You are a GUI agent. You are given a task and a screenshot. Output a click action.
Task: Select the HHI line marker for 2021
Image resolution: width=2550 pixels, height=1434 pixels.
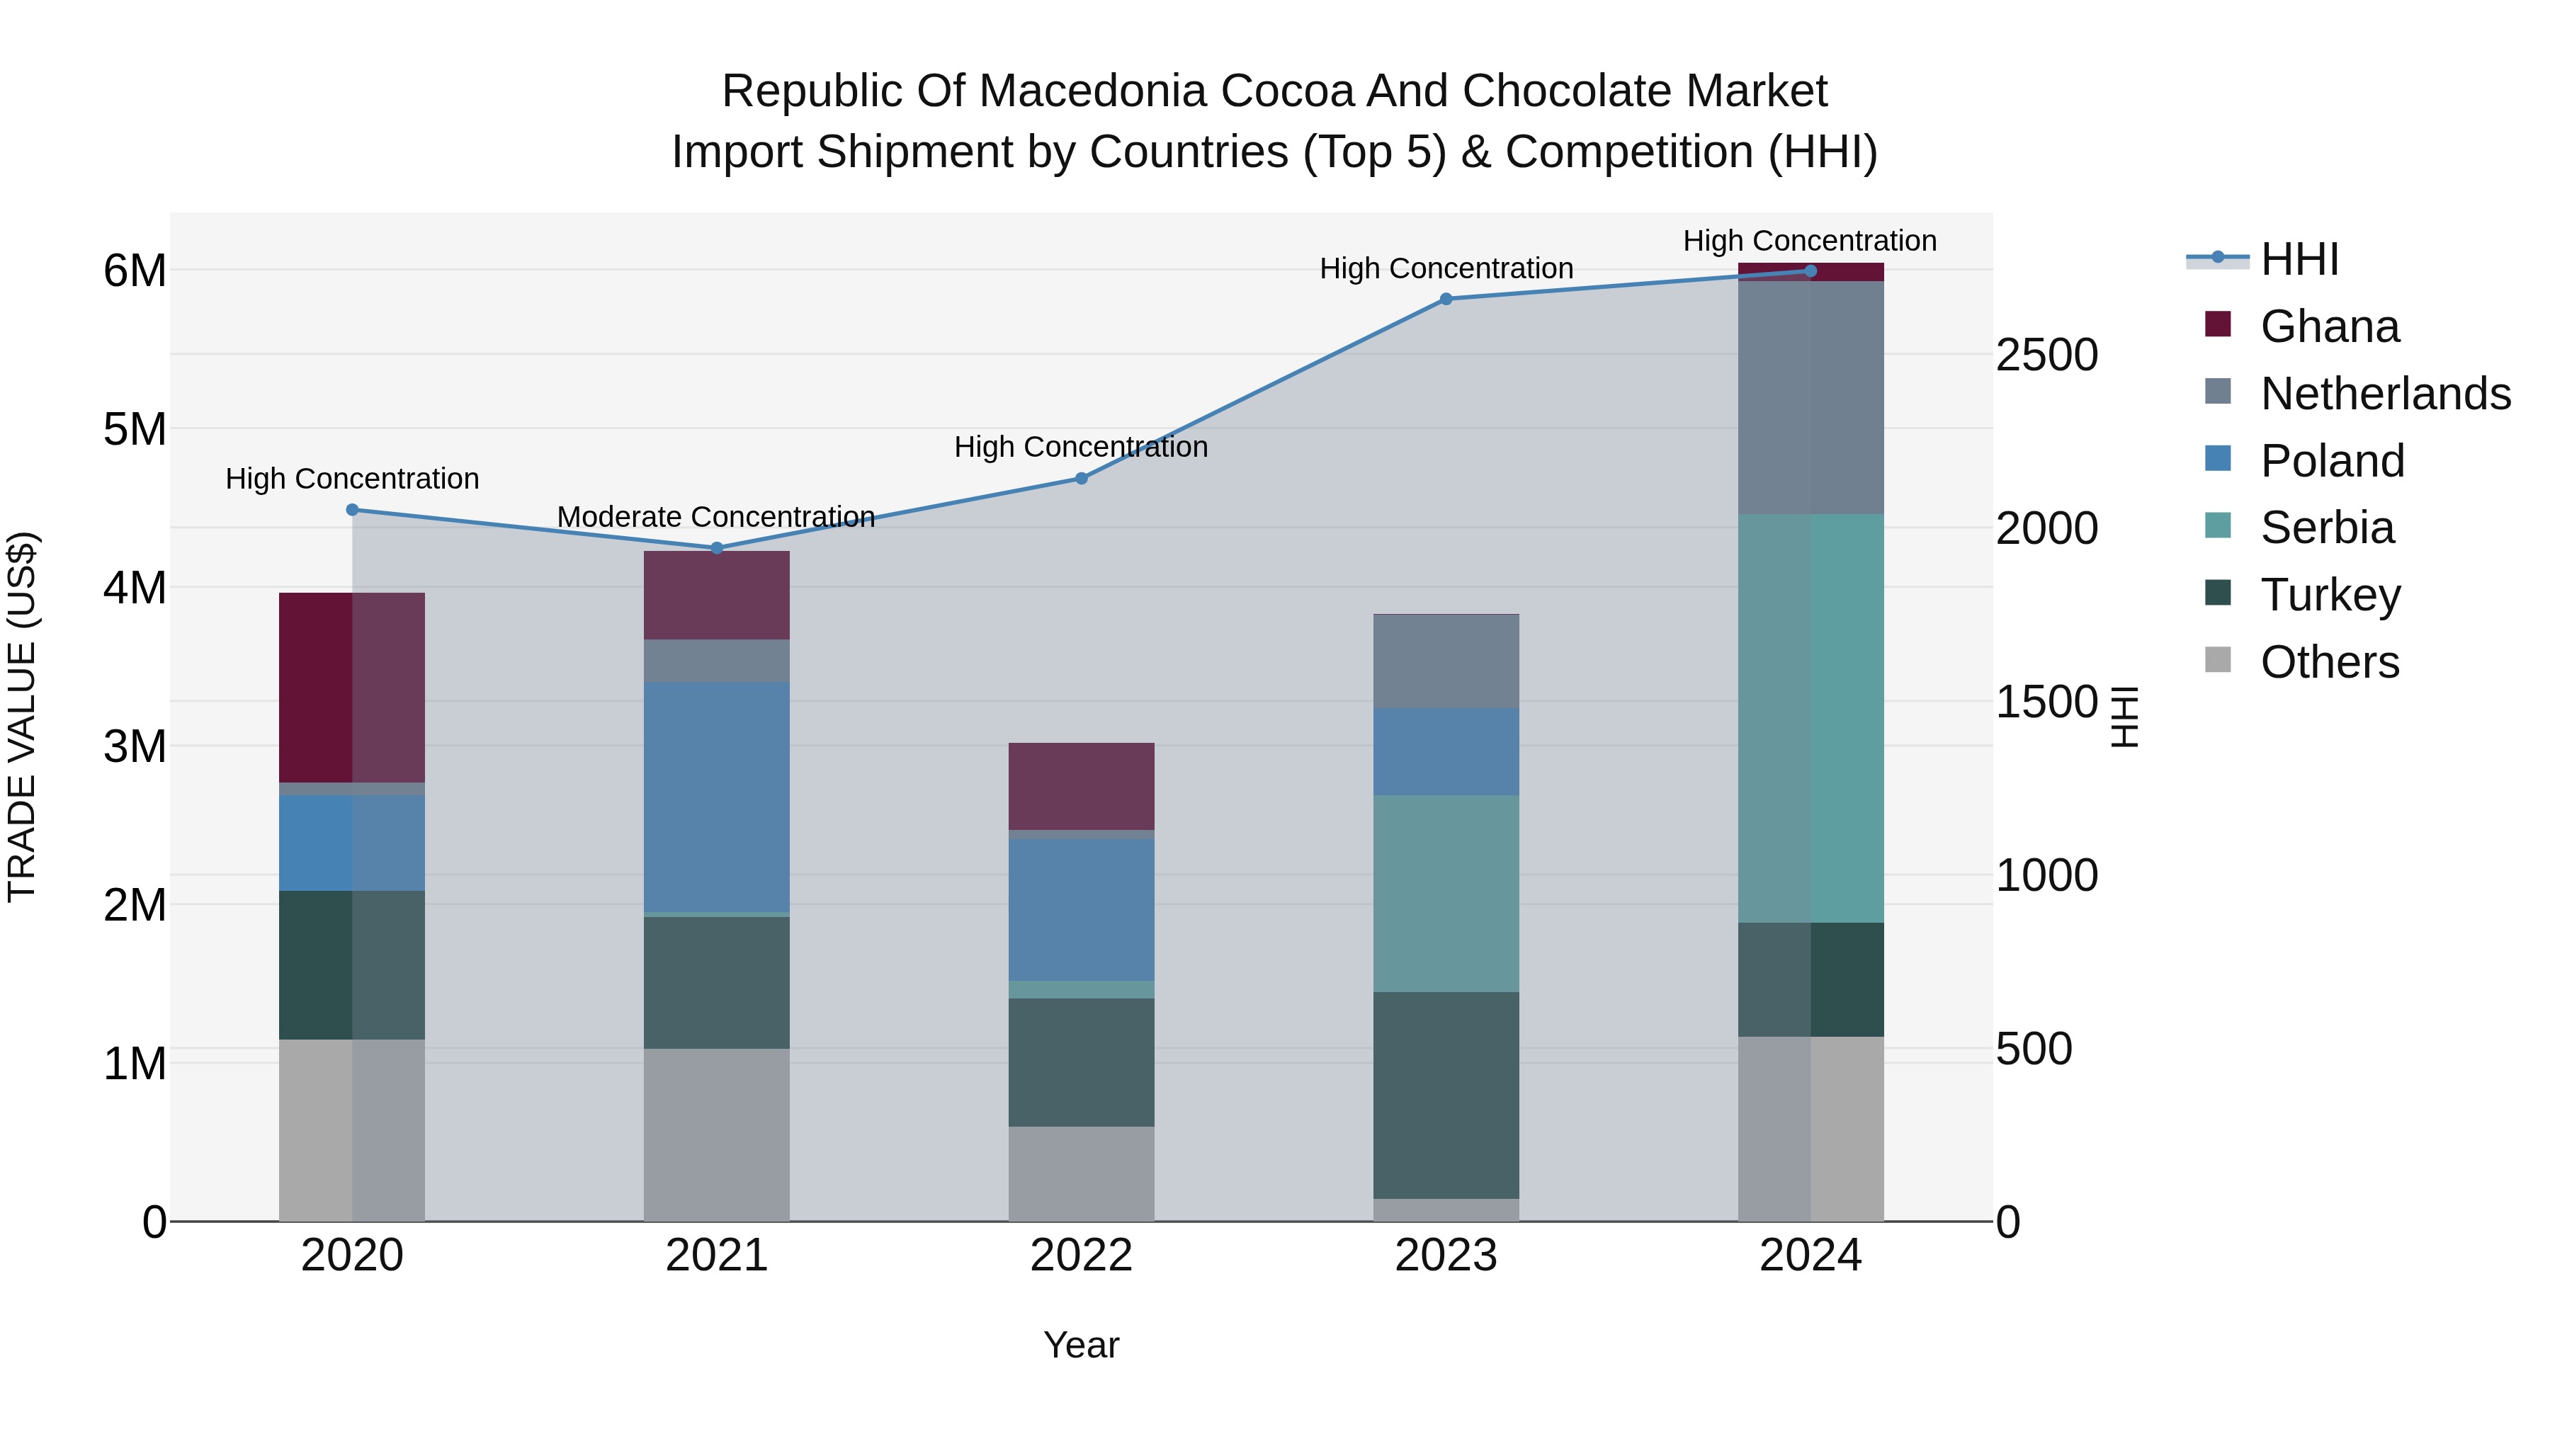(x=717, y=547)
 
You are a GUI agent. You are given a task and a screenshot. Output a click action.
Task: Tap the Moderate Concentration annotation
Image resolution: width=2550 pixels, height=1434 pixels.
(x=715, y=517)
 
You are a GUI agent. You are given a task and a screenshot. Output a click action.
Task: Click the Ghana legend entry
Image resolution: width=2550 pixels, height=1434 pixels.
(x=2329, y=326)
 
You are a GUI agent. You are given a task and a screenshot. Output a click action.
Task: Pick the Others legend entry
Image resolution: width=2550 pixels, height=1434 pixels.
(x=2329, y=662)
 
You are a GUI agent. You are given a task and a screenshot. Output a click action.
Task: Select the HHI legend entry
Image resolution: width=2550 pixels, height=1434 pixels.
(x=2299, y=259)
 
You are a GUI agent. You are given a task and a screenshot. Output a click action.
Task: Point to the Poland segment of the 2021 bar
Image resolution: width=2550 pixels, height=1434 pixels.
(x=717, y=796)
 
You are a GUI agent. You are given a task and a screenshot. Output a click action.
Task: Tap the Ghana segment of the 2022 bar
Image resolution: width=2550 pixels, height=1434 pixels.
(x=1081, y=786)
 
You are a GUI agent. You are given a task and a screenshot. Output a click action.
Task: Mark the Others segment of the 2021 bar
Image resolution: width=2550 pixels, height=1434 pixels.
(x=717, y=1134)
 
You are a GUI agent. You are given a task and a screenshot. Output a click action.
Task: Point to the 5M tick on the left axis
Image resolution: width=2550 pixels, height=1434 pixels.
(x=135, y=430)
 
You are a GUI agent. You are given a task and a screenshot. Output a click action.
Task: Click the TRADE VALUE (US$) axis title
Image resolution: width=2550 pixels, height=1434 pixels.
(x=22, y=717)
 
